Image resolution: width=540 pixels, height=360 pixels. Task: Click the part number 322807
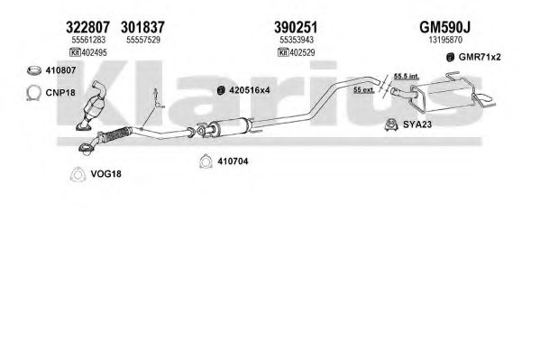pyautogui.click(x=87, y=27)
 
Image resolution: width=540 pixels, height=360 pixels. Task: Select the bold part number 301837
pyautogui.click(x=143, y=27)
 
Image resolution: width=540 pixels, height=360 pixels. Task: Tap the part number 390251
pyautogui.click(x=296, y=27)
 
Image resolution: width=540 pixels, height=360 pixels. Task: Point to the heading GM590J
pyautogui.click(x=445, y=27)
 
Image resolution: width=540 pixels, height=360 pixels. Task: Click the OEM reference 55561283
pyautogui.click(x=88, y=40)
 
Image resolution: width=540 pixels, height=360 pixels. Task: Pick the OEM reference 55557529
pyautogui.click(x=143, y=40)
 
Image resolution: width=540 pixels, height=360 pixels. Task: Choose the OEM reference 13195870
pyautogui.click(x=445, y=40)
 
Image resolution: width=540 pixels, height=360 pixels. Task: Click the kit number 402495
pyautogui.click(x=95, y=52)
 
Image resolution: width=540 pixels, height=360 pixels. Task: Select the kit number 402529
pyautogui.click(x=302, y=52)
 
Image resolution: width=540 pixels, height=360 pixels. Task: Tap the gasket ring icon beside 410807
pyautogui.click(x=33, y=70)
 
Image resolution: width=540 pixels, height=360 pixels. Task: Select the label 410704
pyautogui.click(x=233, y=161)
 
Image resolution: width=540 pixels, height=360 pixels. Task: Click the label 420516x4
pyautogui.click(x=250, y=90)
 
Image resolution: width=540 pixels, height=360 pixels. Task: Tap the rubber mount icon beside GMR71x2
pyautogui.click(x=450, y=57)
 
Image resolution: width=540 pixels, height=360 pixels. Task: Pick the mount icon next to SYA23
pyautogui.click(x=391, y=125)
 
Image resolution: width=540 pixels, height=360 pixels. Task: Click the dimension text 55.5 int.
pyautogui.click(x=407, y=76)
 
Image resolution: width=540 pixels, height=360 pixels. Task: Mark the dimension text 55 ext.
pyautogui.click(x=364, y=90)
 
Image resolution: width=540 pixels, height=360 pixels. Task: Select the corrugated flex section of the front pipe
pyautogui.click(x=115, y=134)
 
